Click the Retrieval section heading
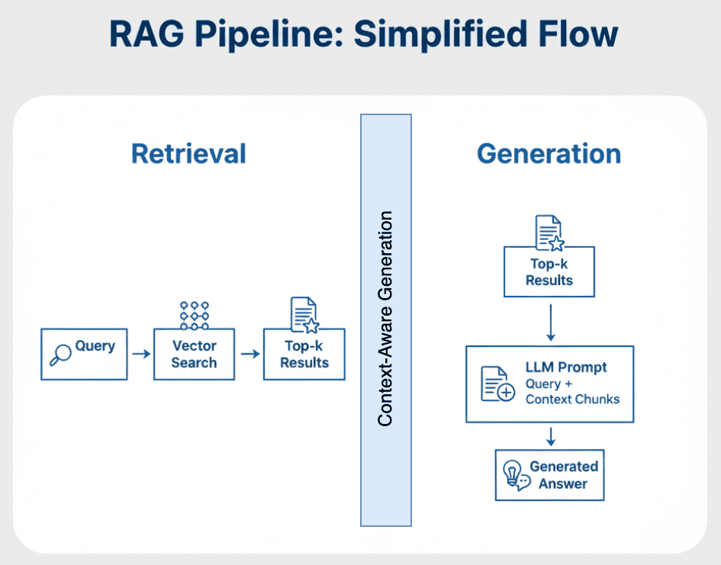click(x=188, y=153)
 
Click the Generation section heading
click(x=549, y=153)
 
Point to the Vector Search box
click(x=194, y=355)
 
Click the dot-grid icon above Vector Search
click(x=194, y=314)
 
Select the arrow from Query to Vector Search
click(x=140, y=354)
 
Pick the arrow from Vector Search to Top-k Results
click(x=249, y=354)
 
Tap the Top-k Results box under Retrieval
click(x=304, y=355)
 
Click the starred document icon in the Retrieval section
click(x=304, y=314)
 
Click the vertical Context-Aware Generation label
click(x=386, y=319)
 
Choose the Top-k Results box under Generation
click(x=549, y=272)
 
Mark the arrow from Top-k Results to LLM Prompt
click(x=550, y=321)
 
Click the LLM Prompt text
click(x=565, y=368)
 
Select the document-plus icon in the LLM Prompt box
click(x=497, y=384)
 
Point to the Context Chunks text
click(x=572, y=399)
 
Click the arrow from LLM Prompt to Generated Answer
click(x=550, y=436)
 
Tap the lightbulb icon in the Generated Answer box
click(x=514, y=474)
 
